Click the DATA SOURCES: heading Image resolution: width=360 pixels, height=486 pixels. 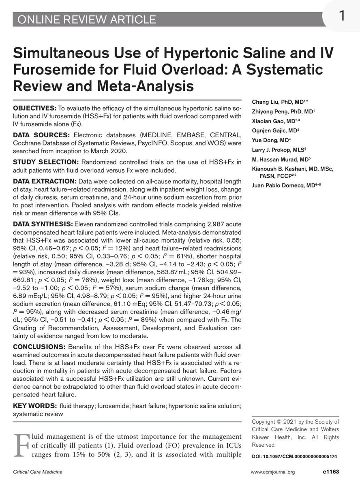pos(37,134)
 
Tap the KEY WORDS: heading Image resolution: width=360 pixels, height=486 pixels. pos(34,406)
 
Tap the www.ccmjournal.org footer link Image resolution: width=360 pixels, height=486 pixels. pos(272,472)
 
